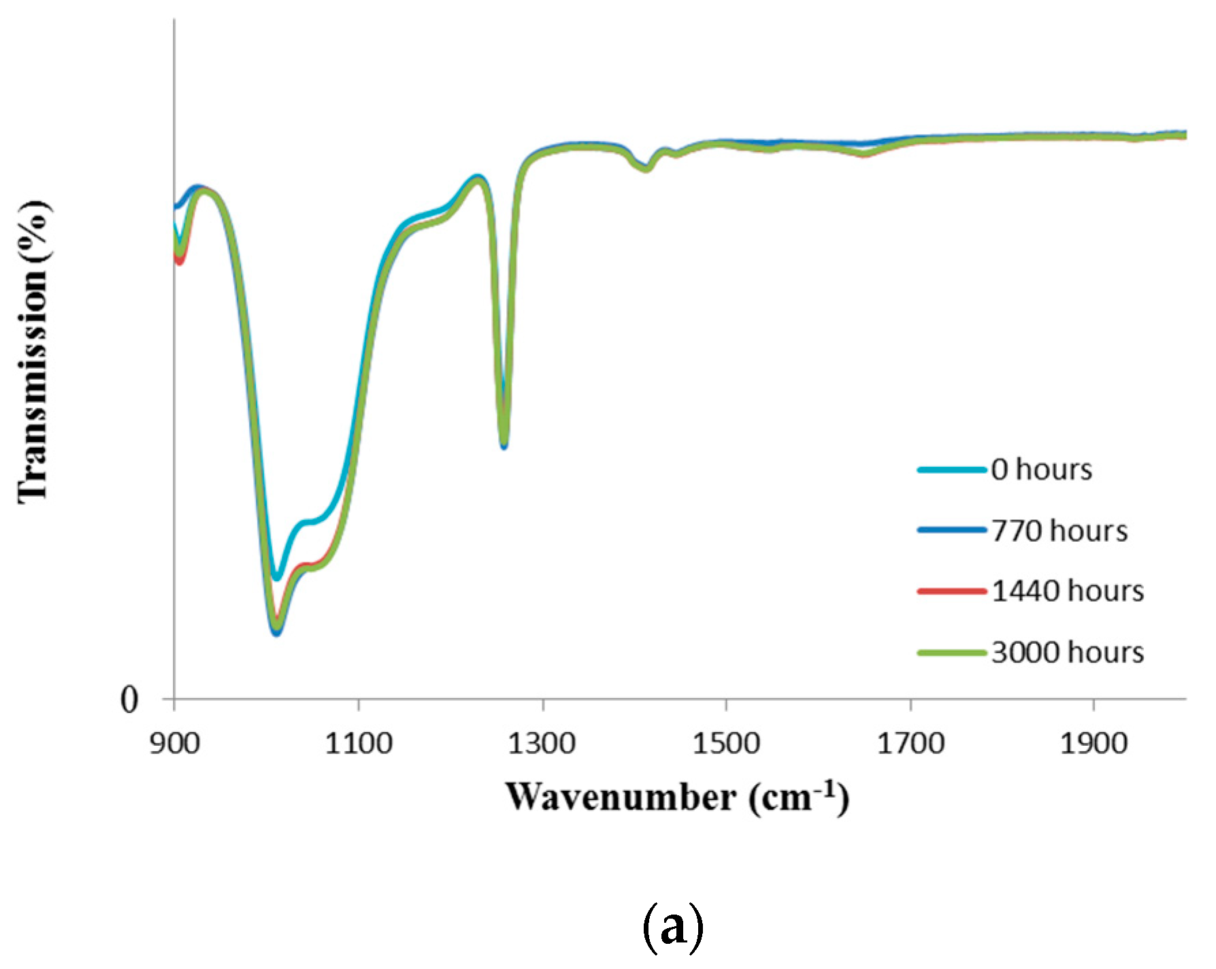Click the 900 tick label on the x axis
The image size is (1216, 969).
click(174, 742)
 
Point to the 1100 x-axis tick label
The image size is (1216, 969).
click(358, 742)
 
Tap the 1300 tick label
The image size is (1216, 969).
click(542, 742)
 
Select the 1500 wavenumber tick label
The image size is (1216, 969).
click(726, 742)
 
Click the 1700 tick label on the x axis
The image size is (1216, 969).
click(910, 742)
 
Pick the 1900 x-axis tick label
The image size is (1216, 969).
click(1094, 742)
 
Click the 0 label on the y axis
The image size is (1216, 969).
click(129, 700)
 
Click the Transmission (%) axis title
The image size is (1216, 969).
click(34, 352)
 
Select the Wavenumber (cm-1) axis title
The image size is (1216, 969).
click(677, 798)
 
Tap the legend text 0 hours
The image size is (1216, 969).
click(1041, 470)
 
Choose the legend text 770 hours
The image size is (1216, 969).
click(1059, 531)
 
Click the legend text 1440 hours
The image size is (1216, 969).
click(1068, 591)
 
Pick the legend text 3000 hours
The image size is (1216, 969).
click(1068, 652)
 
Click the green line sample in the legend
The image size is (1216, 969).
click(952, 653)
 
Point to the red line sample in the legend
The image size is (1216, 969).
click(952, 591)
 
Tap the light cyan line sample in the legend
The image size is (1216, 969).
click(952, 470)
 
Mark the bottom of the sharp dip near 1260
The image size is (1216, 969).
click(504, 446)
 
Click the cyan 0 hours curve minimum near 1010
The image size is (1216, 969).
click(276, 578)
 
